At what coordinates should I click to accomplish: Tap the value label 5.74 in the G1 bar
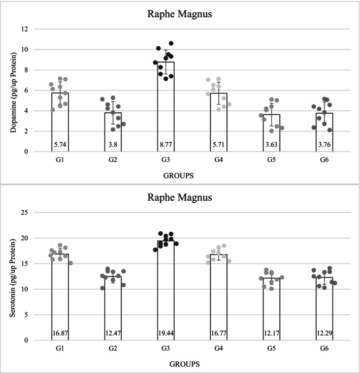coord(59,144)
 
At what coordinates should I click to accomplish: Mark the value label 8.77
coord(166,144)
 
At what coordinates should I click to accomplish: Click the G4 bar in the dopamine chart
coord(218,122)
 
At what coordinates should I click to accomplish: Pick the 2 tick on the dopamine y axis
coord(22,131)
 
